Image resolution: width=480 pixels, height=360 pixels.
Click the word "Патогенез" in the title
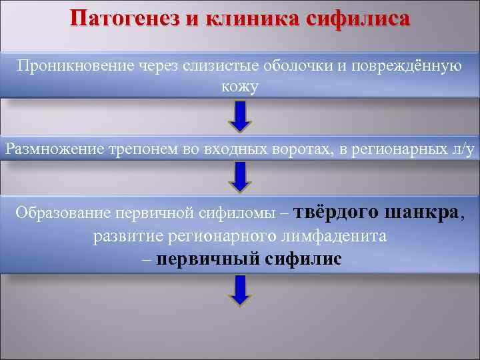125,18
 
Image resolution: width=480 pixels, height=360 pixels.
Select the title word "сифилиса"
357,18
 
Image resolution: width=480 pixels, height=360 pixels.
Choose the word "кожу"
240,87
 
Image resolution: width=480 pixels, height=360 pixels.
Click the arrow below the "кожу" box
240,117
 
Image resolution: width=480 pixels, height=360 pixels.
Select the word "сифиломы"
242,213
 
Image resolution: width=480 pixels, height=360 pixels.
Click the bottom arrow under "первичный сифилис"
240,291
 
